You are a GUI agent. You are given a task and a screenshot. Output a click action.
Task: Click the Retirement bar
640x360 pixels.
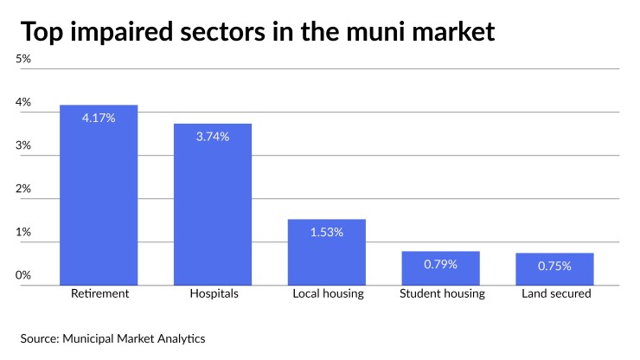point(99,195)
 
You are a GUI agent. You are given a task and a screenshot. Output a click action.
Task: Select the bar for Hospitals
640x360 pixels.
point(213,204)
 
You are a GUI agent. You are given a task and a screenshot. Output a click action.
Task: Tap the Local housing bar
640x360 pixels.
point(327,252)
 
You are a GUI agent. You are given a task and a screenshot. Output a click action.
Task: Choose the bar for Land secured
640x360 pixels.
point(555,269)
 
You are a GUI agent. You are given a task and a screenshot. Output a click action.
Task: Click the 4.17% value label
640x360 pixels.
point(99,118)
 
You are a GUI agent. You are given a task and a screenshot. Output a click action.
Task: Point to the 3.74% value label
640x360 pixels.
point(213,137)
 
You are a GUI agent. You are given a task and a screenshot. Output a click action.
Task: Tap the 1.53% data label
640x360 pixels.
point(327,232)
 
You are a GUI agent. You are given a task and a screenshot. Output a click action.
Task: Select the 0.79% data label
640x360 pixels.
point(441,264)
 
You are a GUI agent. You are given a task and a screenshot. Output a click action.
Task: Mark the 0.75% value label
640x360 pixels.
point(555,266)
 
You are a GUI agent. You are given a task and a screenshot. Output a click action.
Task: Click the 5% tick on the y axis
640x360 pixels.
point(23,59)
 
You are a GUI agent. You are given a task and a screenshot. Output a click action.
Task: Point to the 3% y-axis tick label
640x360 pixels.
point(23,145)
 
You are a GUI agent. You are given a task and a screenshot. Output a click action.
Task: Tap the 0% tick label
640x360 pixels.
point(23,275)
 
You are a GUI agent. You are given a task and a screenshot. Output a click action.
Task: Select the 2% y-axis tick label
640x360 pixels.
point(23,189)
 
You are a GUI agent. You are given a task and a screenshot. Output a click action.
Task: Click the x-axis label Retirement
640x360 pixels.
point(99,294)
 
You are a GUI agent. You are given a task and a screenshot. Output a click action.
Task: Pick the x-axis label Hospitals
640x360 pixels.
point(213,294)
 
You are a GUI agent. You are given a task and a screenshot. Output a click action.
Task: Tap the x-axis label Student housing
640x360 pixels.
point(442,294)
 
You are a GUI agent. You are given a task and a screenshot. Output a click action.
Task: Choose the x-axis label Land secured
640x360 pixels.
point(556,294)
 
